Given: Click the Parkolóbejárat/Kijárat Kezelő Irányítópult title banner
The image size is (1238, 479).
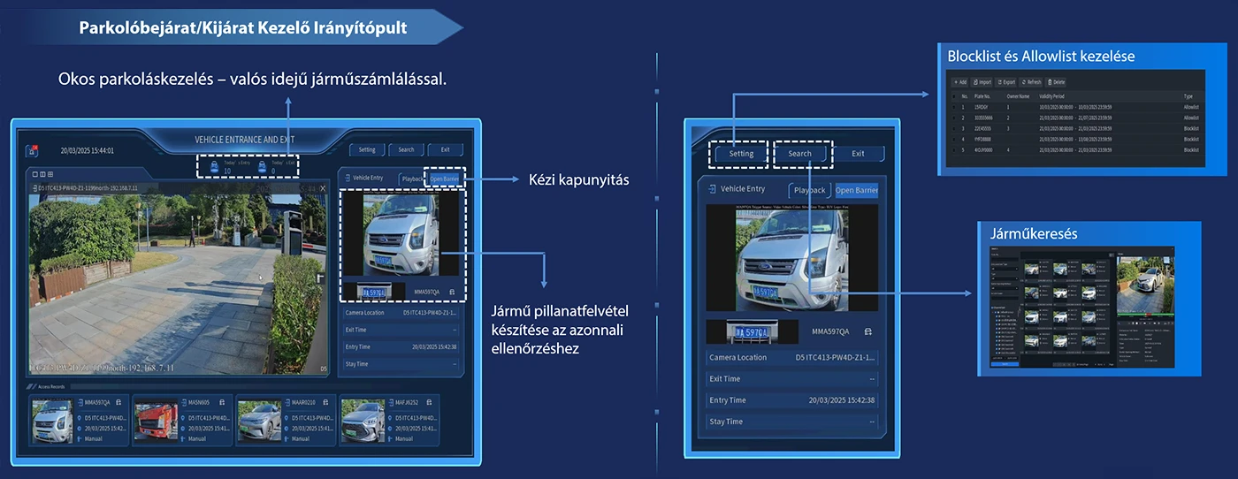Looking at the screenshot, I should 242,27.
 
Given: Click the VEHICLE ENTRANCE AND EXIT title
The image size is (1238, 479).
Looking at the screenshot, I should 245,140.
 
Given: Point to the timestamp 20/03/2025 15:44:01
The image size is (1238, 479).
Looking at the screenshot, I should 87,150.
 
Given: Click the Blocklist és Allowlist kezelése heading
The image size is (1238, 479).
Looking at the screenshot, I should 1041,56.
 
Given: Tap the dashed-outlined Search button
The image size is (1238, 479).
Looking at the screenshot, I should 800,154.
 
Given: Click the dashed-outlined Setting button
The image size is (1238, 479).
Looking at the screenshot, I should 741,154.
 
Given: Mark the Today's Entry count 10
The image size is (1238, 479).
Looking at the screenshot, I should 226,171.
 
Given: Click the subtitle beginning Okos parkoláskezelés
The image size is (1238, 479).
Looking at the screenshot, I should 252,80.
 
